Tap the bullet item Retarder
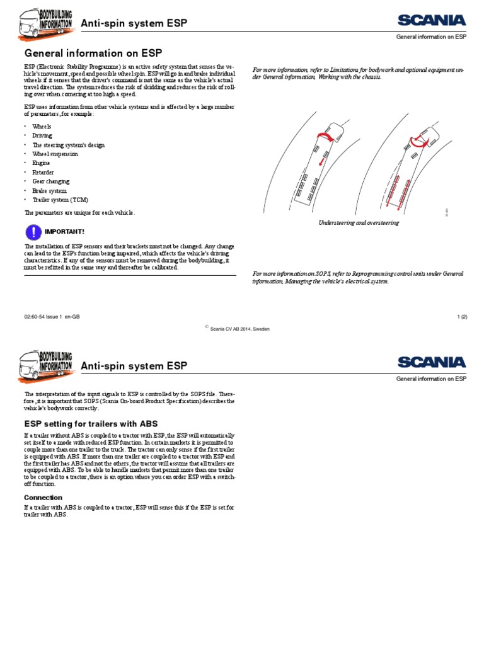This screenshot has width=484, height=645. pos(43,172)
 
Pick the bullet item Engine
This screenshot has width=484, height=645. pos(42,163)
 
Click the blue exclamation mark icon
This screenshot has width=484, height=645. pos(32,231)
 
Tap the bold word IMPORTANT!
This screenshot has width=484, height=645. pos(64,231)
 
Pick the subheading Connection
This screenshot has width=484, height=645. pos(43,497)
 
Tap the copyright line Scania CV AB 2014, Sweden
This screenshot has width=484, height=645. pos(239,328)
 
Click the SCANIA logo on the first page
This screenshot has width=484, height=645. pos(431,21)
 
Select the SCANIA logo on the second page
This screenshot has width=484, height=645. pos(431,362)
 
